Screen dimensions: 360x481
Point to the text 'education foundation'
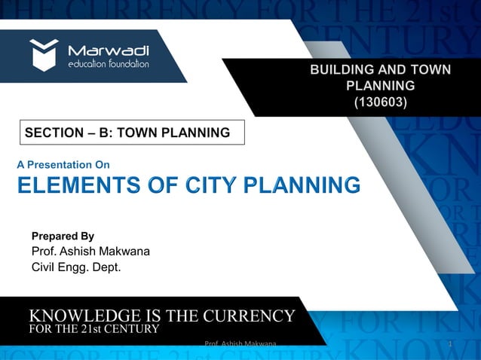click(x=109, y=64)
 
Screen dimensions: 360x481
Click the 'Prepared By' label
click(x=63, y=236)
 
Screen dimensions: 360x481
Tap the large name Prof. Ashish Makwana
click(x=90, y=252)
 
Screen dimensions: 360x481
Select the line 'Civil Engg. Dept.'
click(x=75, y=267)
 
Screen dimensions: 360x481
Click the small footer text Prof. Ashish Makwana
click(x=240, y=344)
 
